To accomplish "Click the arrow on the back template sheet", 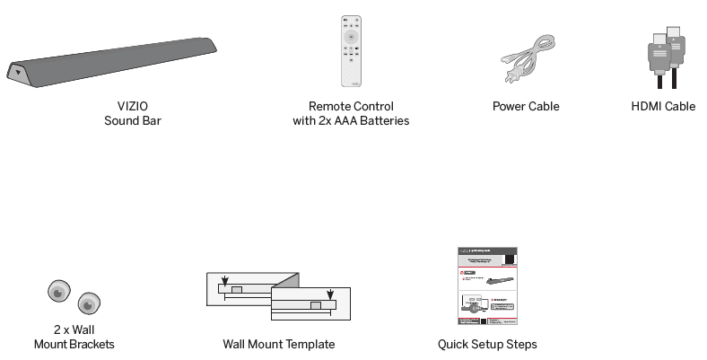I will (224, 280).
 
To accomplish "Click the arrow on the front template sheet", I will (330, 294).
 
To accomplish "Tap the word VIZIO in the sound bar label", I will (132, 106).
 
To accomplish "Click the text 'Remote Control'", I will (351, 106).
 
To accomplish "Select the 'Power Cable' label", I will (526, 106).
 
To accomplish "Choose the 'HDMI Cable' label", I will (663, 106).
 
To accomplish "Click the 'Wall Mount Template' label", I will (279, 344).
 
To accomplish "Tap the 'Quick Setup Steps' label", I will (487, 344).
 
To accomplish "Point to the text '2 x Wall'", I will (74, 329).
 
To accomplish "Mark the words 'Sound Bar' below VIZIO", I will (132, 120).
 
